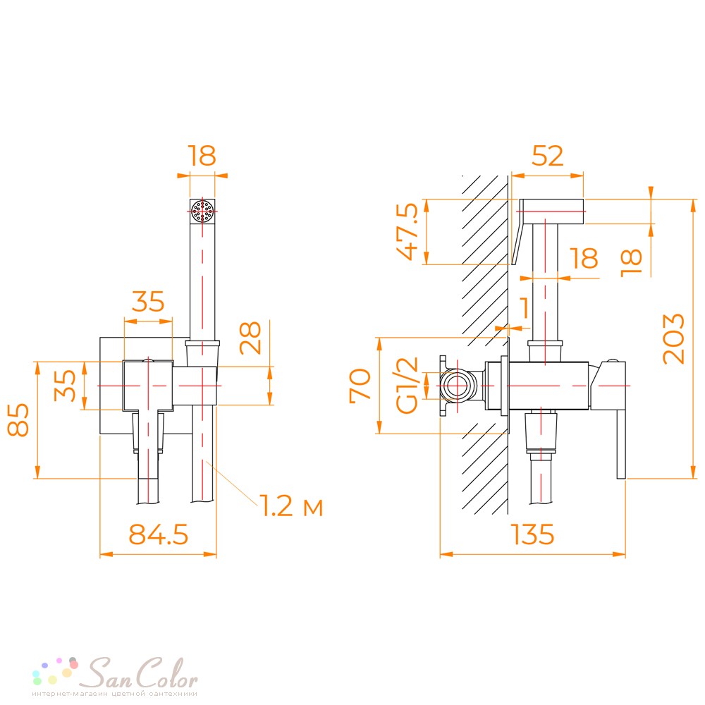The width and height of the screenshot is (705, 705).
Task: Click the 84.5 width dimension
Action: pyautogui.click(x=158, y=534)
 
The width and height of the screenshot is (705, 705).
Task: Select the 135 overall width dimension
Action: pyautogui.click(x=532, y=534)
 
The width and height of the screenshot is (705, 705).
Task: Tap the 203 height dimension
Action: pyautogui.click(x=673, y=338)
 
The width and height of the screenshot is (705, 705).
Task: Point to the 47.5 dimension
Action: pyautogui.click(x=407, y=231)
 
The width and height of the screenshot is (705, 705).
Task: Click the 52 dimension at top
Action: pyautogui.click(x=547, y=156)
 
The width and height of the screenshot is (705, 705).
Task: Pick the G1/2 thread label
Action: pyautogui.click(x=407, y=386)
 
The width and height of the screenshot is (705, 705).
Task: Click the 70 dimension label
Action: pyautogui.click(x=360, y=384)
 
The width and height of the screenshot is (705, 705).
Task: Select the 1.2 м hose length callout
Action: pyautogui.click(x=291, y=505)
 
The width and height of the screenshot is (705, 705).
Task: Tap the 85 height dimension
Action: pyautogui.click(x=18, y=419)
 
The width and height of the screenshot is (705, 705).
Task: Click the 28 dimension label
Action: pyautogui.click(x=250, y=338)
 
